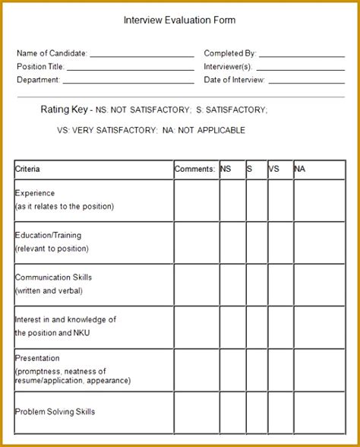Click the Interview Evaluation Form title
[179, 21]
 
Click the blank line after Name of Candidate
[142, 55]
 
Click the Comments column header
[194, 169]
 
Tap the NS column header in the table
[226, 169]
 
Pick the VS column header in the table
[274, 169]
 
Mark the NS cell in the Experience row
[232, 199]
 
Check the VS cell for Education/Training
[280, 242]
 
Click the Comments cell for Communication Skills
[196, 284]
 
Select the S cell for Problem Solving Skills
[255, 412]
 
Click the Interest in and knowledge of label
[65, 319]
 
